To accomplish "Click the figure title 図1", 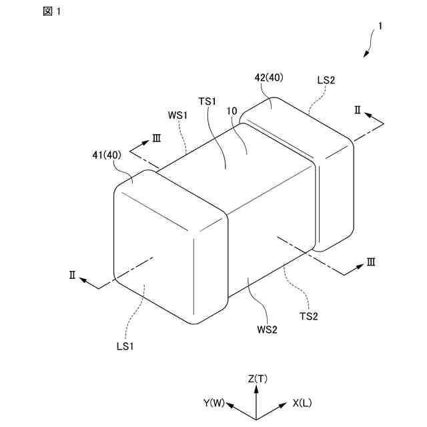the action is pos(50,13).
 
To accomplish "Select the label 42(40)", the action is pos(269,77).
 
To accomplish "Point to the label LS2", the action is pos(326,80).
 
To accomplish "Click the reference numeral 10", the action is pos(232,111).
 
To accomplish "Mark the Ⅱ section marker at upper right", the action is pos(358,110).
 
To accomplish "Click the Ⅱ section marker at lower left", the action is pos(73,274).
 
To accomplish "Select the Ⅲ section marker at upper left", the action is pos(157,137).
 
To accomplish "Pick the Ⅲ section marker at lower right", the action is pos(370,262).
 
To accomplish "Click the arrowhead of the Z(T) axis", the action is pos(258,390).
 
